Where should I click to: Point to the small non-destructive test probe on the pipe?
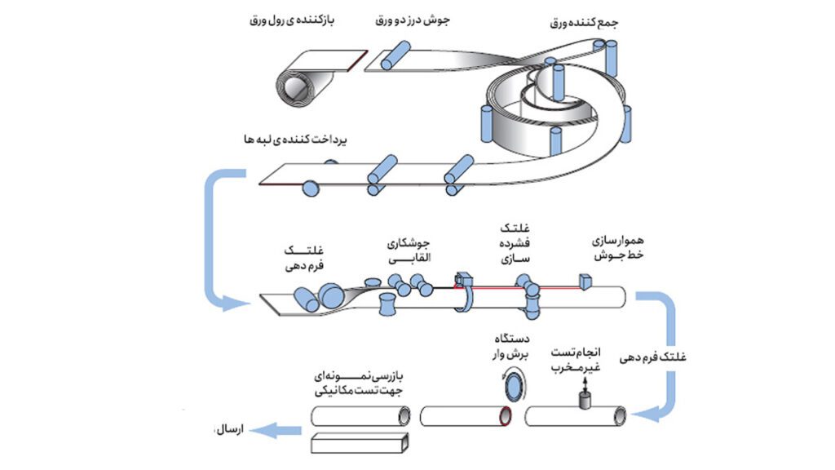(x=584, y=399)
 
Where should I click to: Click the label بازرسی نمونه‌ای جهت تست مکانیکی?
(x=360, y=384)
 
